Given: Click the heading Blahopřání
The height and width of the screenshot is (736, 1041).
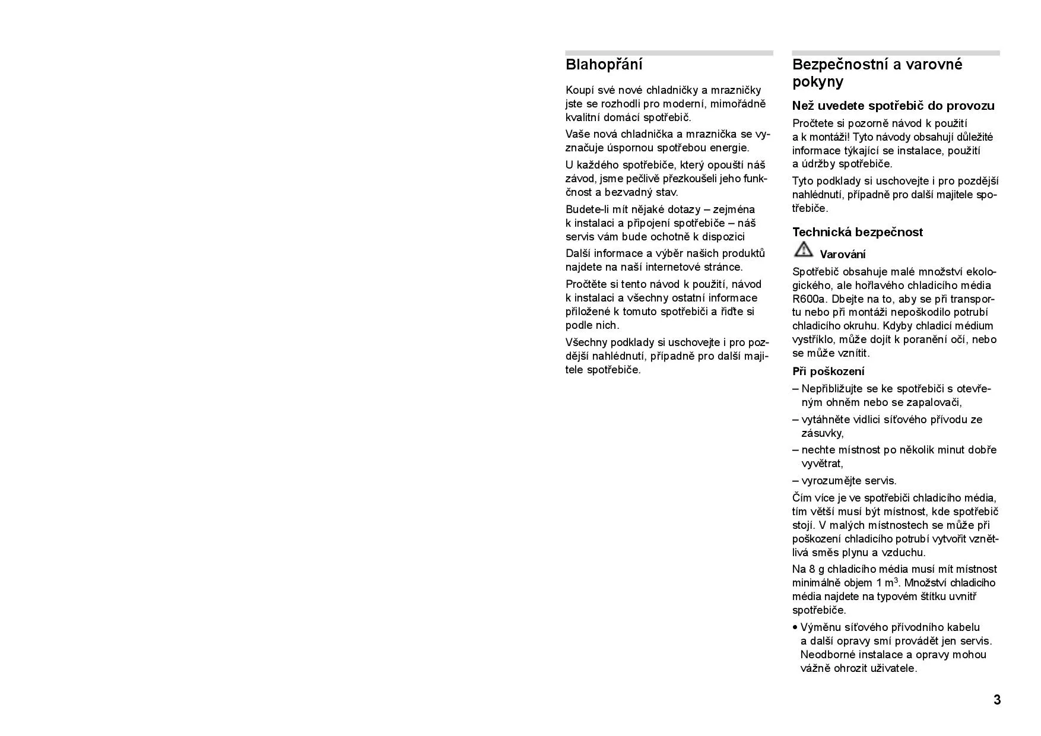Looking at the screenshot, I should point(604,65).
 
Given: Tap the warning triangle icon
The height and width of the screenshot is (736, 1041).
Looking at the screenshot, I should point(802,250).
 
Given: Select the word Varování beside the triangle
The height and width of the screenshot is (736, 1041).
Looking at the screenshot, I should point(842,255).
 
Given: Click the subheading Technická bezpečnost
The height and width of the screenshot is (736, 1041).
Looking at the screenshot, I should point(857,232).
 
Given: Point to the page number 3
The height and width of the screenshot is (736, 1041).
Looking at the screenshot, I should point(997,700).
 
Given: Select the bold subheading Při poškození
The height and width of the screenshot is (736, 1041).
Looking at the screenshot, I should point(828,372).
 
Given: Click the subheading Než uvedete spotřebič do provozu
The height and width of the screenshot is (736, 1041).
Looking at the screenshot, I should point(893,106).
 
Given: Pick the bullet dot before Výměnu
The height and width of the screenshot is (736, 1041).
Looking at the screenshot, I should point(795,627).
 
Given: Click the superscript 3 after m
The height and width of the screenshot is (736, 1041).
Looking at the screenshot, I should point(896,580).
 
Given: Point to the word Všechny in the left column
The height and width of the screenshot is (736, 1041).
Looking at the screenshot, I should point(586,342).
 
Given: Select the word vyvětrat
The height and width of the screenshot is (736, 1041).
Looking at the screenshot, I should point(822,464).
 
